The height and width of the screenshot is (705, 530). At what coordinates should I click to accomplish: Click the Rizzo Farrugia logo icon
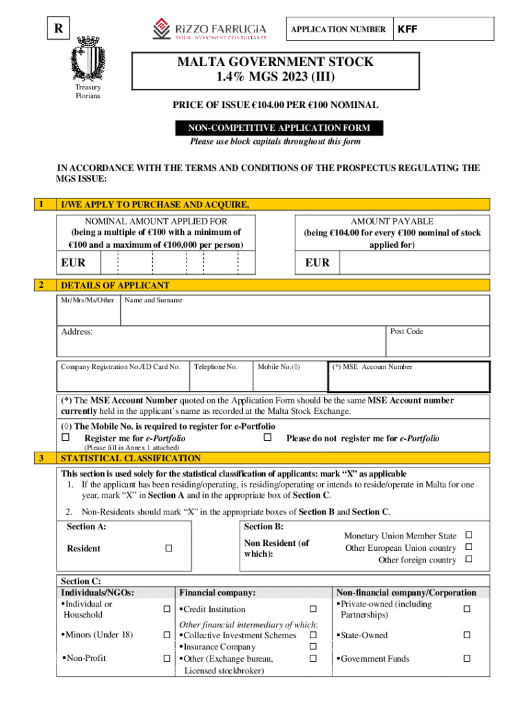point(160,29)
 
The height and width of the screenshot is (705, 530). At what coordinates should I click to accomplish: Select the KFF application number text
point(407,30)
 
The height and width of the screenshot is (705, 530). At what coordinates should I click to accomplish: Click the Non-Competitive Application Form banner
point(274,128)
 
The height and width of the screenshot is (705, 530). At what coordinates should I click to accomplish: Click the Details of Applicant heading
point(115,285)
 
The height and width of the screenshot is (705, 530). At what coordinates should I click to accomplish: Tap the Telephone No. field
point(220,376)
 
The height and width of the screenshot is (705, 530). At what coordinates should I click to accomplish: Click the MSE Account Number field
point(409,376)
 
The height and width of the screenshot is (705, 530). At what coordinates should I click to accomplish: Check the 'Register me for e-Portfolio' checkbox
point(66,438)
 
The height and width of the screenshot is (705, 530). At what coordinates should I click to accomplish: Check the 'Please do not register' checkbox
point(268,438)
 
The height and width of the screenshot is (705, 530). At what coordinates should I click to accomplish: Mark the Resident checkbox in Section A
point(167,548)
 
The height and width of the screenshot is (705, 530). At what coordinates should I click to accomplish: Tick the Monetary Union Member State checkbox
point(469,535)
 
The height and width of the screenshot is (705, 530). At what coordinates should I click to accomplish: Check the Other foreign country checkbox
point(469,560)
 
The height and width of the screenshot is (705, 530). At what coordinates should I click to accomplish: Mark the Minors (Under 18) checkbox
point(167,635)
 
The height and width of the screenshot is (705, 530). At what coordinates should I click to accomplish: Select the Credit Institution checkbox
point(312,609)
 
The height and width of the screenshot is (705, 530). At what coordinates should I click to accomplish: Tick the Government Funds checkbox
point(466,659)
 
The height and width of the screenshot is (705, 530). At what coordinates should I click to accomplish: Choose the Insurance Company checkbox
point(312,646)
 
